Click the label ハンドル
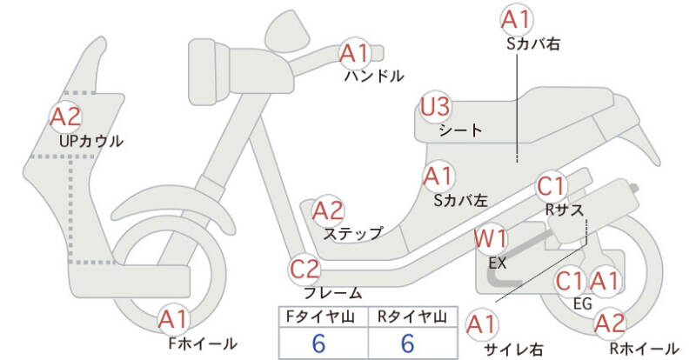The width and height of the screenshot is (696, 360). click(374, 76)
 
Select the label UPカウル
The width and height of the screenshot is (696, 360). click(90, 140)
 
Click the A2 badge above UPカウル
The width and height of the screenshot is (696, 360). click(66, 116)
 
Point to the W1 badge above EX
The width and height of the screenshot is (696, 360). click(490, 237)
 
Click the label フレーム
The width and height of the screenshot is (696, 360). click(332, 293)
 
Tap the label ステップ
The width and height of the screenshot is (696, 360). click(352, 233)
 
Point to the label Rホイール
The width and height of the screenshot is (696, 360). click(644, 347)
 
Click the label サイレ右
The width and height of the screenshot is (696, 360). click(513, 349)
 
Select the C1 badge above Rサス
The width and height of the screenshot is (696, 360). click(552, 186)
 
